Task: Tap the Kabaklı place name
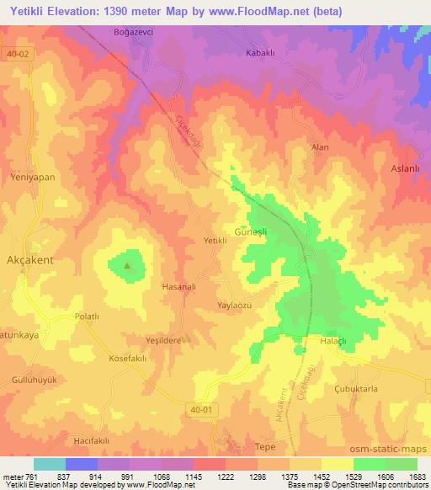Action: point(261,52)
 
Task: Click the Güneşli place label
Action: point(251,229)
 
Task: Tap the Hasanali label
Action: point(178,286)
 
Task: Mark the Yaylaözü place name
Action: point(235,305)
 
